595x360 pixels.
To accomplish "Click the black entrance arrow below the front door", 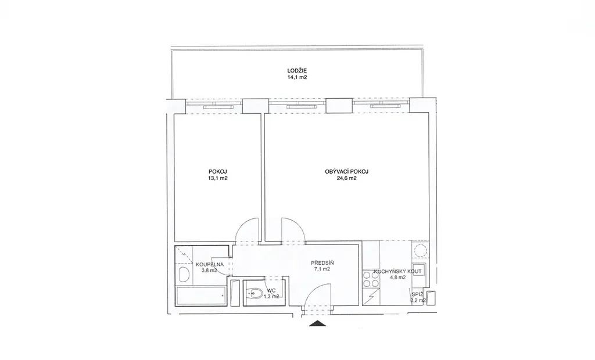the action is click(x=318, y=323).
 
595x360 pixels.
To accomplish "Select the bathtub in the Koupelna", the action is click(x=201, y=296).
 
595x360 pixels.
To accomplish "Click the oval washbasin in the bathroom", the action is click(x=183, y=274).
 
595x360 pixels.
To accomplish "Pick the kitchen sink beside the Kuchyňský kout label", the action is click(x=420, y=270).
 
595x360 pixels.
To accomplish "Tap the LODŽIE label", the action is click(x=297, y=71).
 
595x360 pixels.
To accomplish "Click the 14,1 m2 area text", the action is click(x=297, y=77).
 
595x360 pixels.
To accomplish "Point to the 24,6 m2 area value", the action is click(x=346, y=178).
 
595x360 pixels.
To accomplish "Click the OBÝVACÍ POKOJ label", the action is click(x=346, y=171).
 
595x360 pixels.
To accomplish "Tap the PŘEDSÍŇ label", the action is click(x=322, y=263).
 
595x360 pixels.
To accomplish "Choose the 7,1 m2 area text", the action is click(x=322, y=269).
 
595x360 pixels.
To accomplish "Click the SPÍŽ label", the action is click(x=417, y=294).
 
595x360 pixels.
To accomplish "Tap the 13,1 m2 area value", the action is click(x=218, y=178).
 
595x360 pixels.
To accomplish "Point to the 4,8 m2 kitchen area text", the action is click(x=397, y=278).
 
